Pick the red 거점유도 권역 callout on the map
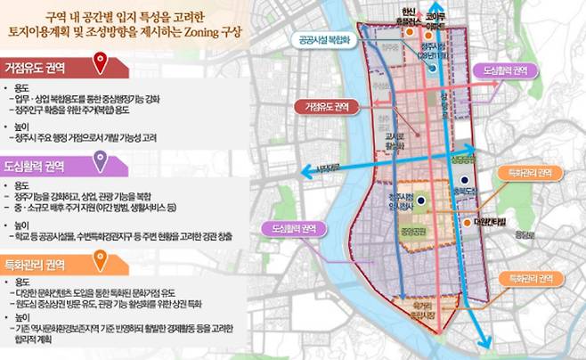pyautogui.click(x=327, y=106)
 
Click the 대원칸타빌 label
pyautogui.click(x=490, y=222)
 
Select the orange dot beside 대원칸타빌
pyautogui.click(x=468, y=221)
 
